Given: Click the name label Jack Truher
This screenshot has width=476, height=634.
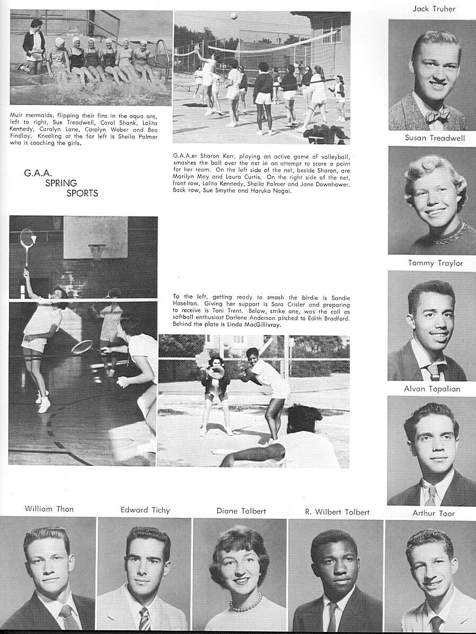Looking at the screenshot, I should coord(434,9).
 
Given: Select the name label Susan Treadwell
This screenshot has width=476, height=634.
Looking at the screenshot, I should coord(435,138).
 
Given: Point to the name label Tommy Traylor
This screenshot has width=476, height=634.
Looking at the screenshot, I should coord(435,263).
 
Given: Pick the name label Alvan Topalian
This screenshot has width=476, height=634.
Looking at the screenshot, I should coord(432,389).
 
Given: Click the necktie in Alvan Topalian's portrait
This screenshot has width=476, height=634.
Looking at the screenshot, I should coord(430,496).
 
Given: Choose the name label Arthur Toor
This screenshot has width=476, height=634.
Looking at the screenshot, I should coord(434,513).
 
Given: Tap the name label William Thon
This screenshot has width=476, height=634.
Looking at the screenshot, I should coord(49,509).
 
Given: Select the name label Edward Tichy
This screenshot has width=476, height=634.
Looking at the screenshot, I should coord(145,510).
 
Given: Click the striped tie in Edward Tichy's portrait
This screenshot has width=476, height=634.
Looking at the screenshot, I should coord(144,618).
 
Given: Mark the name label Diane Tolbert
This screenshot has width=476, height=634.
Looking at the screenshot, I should coord(241,511).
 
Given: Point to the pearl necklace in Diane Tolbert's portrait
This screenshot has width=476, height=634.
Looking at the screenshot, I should coord(245,604).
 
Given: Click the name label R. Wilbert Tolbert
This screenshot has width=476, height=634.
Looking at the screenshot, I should coord(337,512).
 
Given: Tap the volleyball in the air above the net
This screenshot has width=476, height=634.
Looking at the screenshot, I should coord(234,16).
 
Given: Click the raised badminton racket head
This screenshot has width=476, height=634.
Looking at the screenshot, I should coord(27,238).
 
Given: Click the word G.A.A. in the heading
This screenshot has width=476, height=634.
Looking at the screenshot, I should coord(37,173).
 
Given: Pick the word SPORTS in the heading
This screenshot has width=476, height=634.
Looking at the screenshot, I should coord(82,193).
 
